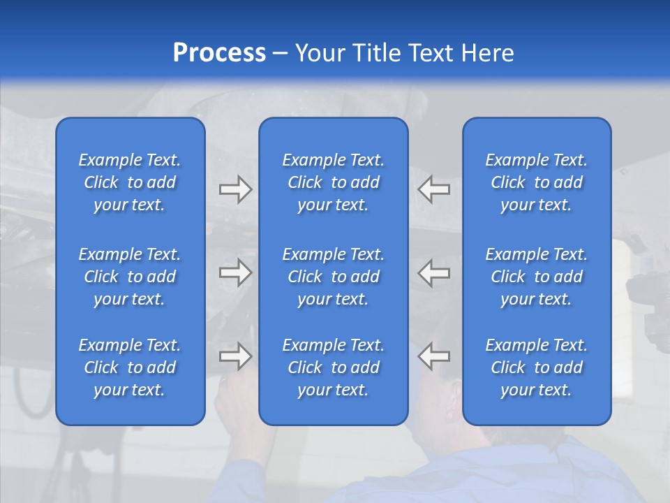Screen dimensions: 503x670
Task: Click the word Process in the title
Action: click(x=219, y=53)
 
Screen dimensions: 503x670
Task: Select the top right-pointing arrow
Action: click(x=235, y=189)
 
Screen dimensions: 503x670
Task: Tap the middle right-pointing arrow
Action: click(x=235, y=272)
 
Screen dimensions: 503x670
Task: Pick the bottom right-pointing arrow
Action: click(x=235, y=356)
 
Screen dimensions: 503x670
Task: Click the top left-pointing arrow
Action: click(x=433, y=189)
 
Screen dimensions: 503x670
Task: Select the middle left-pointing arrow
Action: click(x=433, y=272)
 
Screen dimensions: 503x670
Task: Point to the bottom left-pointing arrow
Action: click(x=433, y=356)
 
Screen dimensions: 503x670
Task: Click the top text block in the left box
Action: click(x=130, y=182)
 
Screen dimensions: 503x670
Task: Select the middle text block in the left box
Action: click(x=130, y=277)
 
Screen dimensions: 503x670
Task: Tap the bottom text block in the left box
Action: click(x=130, y=367)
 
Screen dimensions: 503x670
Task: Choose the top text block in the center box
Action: click(x=334, y=182)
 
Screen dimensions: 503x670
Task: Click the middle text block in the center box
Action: click(x=334, y=277)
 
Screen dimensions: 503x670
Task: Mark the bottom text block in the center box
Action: click(x=334, y=367)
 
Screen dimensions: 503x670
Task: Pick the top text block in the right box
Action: click(x=537, y=182)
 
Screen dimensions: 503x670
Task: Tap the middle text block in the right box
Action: click(x=537, y=277)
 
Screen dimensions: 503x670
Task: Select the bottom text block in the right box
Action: click(x=537, y=367)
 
